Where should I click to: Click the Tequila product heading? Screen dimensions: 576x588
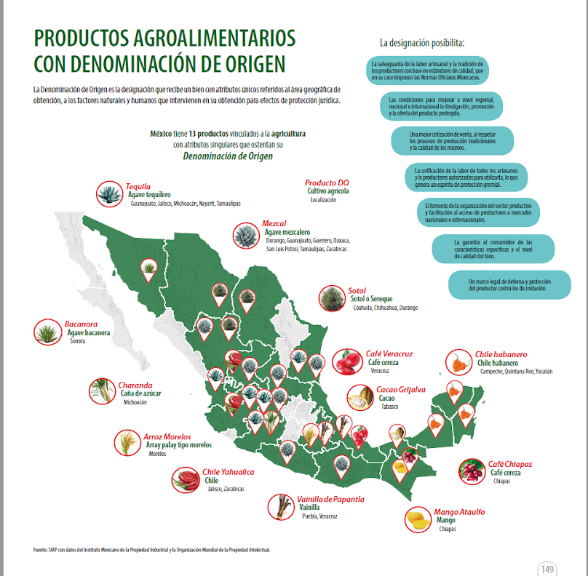point(138,187)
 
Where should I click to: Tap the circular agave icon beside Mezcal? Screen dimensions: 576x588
point(246,235)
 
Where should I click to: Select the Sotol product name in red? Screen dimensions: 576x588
point(357,291)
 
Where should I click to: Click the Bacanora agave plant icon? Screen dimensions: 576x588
point(48,332)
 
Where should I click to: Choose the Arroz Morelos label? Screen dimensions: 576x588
point(167,436)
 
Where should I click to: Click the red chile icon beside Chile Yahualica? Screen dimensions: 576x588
point(185,480)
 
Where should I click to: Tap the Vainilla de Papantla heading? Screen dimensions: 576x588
point(331,499)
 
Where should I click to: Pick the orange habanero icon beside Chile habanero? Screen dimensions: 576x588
point(458,362)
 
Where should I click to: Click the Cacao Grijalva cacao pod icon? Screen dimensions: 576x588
point(359,398)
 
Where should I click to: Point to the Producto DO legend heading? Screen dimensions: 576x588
point(327,183)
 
